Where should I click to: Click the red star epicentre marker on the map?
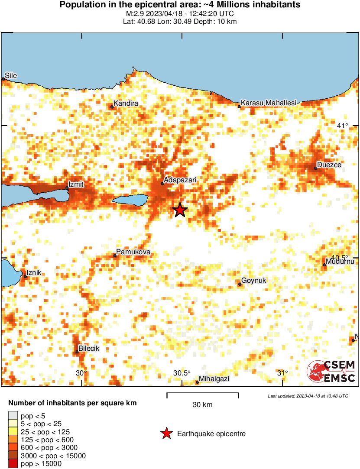click(180, 210)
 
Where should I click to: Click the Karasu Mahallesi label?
click(268, 103)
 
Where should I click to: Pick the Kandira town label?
click(126, 104)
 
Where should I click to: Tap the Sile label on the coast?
click(11, 76)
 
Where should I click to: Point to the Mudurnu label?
click(341, 262)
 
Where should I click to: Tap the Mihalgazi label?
click(215, 379)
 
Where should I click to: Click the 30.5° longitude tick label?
click(182, 373)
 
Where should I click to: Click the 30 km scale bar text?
click(202, 405)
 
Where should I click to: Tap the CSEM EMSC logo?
click(331, 371)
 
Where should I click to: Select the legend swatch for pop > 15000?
click(13, 463)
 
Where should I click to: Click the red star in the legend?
click(166, 433)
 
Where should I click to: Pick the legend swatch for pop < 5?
click(13, 417)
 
